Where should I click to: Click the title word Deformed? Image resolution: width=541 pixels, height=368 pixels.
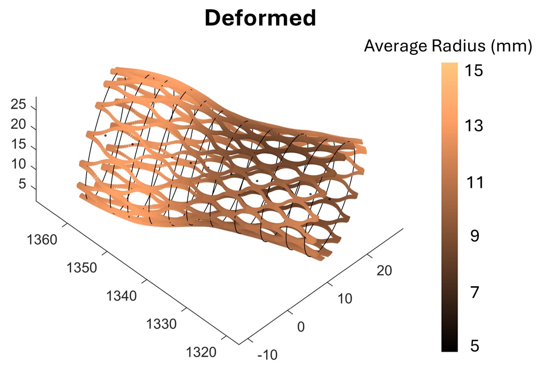[260, 18]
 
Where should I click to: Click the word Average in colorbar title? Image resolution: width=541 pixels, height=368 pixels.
[396, 46]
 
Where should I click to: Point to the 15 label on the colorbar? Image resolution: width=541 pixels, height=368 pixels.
[474, 71]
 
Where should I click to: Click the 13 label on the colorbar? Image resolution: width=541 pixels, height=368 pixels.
[474, 126]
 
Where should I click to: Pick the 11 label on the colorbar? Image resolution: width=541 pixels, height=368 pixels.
[475, 183]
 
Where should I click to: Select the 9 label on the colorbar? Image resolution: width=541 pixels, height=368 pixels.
[475, 236]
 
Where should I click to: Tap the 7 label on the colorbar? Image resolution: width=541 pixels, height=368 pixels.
[475, 292]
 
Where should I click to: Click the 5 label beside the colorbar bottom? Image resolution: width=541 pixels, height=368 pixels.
[475, 346]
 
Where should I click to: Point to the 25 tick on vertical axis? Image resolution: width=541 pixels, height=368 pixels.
[18, 104]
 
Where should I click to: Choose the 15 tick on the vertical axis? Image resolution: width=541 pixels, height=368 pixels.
[18, 144]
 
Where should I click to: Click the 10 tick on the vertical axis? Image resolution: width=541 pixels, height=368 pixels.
[18, 164]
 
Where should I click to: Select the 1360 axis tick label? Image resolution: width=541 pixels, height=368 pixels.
[42, 240]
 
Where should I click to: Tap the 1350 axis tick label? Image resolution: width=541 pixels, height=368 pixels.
[82, 268]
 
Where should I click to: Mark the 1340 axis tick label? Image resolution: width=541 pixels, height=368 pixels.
[121, 296]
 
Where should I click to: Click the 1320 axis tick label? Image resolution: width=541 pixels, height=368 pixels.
[201, 352]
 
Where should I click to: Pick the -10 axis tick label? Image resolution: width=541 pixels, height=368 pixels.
[267, 355]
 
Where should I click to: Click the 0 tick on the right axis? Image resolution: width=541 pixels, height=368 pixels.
[301, 327]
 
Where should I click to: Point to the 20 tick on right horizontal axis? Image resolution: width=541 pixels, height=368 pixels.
[384, 271]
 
